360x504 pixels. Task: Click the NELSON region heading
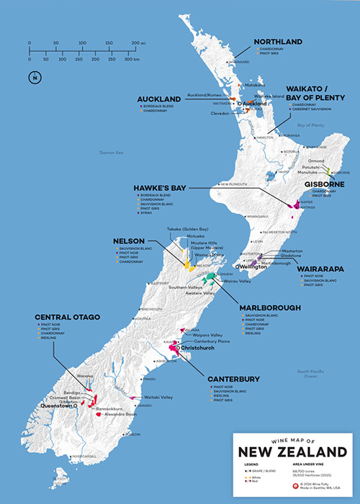coord(129,240)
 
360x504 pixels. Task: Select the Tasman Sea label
coord(112,152)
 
